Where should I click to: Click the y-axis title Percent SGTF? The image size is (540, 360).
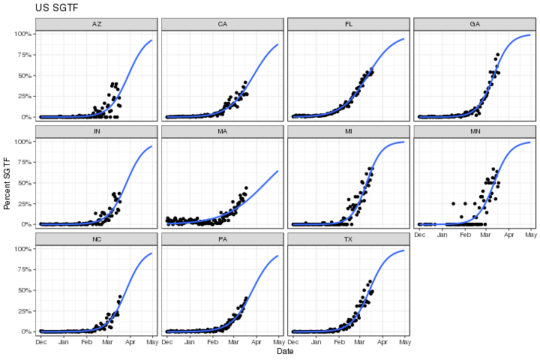click(7, 183)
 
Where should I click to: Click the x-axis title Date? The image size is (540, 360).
click(285, 351)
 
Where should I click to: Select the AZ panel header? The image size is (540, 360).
click(97, 24)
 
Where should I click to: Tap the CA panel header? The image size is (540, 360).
click(223, 24)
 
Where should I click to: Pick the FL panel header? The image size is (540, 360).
click(349, 24)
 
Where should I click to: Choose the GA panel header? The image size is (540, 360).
click(475, 24)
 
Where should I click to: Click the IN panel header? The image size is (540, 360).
click(97, 131)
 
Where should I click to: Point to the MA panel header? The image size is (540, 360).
click(223, 131)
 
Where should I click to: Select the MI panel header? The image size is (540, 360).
click(349, 131)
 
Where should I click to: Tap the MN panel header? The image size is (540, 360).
click(475, 131)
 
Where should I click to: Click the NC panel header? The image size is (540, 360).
click(97, 238)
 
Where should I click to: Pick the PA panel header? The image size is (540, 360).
click(223, 238)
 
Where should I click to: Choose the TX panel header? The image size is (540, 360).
click(349, 238)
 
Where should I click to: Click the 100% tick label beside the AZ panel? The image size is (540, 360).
click(21, 34)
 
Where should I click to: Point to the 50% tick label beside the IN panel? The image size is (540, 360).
click(22, 183)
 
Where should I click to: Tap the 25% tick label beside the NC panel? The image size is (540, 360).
click(22, 310)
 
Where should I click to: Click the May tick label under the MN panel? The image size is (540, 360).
click(531, 235)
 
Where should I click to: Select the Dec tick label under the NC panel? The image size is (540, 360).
click(40, 343)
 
